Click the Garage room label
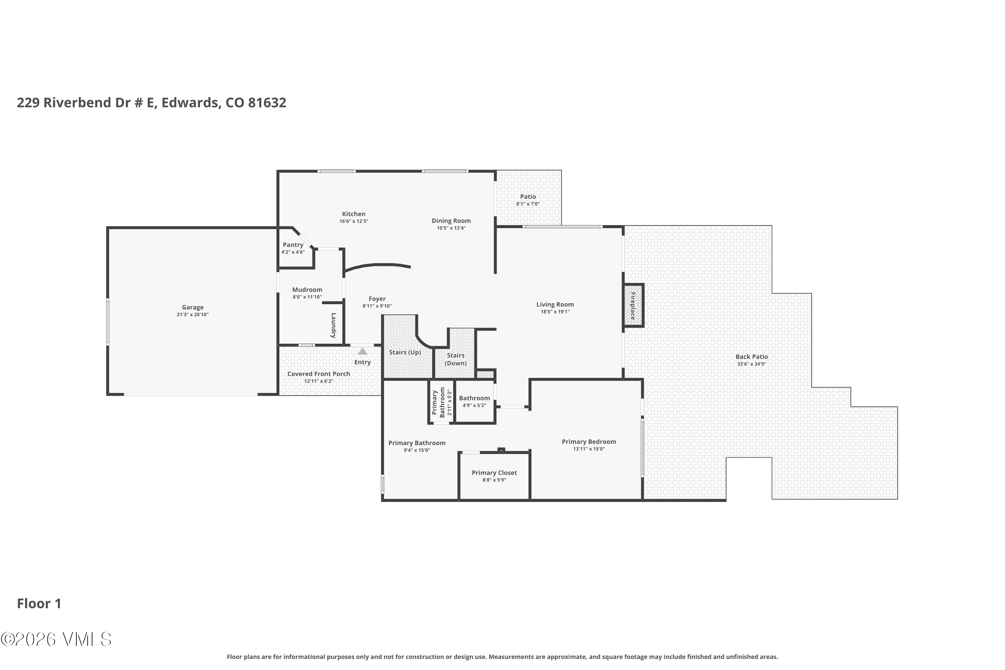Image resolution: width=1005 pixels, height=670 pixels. click(x=192, y=307)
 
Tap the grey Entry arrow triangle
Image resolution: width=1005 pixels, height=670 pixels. click(x=362, y=351)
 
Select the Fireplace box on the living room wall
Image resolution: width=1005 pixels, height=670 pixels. click(x=633, y=306)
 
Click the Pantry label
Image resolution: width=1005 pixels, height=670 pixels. click(x=293, y=245)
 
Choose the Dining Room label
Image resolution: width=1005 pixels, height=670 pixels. click(x=451, y=221)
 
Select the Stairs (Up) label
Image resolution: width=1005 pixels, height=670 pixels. click(x=405, y=352)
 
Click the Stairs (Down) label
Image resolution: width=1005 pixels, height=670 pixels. click(x=456, y=359)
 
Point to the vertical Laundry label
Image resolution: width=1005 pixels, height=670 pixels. click(x=334, y=325)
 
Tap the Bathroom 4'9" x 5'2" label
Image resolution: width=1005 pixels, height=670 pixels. click(x=474, y=398)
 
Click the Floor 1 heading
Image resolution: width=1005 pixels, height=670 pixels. click(x=39, y=603)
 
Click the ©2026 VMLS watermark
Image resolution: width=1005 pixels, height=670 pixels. click(x=56, y=639)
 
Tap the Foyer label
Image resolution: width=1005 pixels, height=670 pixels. click(x=377, y=299)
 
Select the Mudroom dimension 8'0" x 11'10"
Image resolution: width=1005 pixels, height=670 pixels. click(x=307, y=297)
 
